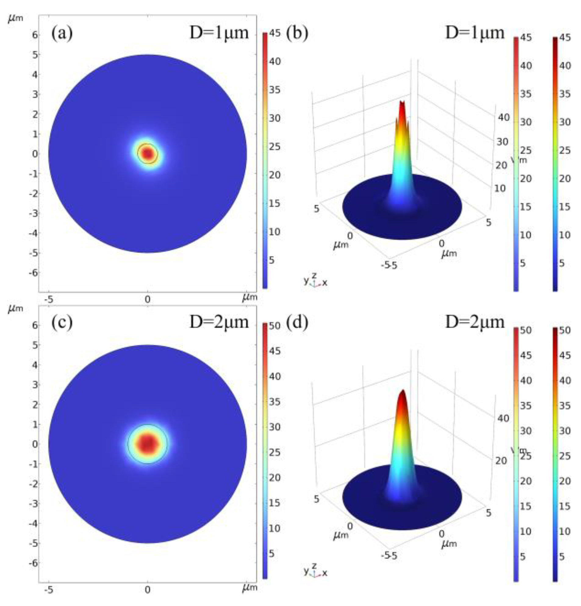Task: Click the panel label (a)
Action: (62, 33)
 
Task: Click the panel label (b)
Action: (297, 33)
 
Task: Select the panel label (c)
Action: (62, 322)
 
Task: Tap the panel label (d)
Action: (297, 322)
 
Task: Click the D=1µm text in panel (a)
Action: (219, 32)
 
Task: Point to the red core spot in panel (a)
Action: (148, 153)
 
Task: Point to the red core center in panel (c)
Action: (148, 444)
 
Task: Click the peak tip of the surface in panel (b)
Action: (402, 102)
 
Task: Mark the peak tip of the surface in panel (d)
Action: (402, 391)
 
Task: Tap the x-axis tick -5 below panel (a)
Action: (48, 299)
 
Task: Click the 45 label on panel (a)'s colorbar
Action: (274, 33)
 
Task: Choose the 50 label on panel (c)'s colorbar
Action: (274, 326)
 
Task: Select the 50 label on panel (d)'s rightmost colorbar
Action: (565, 330)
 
